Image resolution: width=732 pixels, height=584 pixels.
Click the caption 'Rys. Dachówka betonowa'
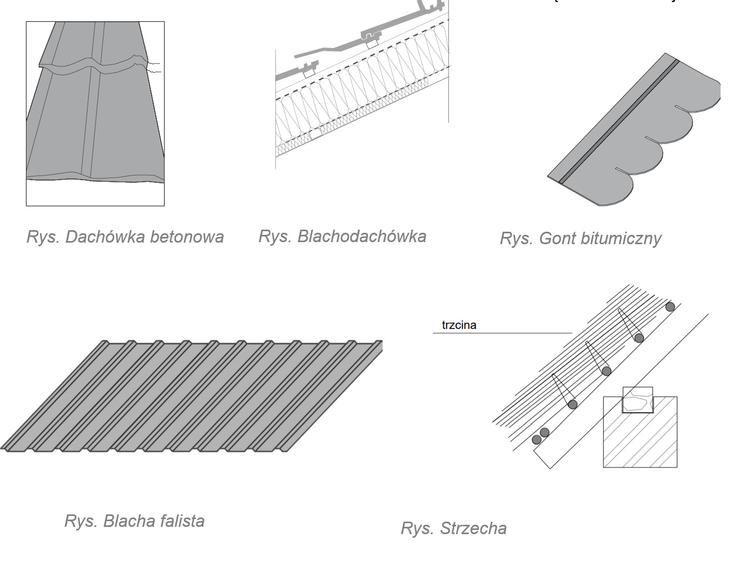click(125, 237)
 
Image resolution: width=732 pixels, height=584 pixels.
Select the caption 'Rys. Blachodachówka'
click(342, 236)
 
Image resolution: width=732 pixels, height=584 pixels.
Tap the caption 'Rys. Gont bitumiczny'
click(580, 238)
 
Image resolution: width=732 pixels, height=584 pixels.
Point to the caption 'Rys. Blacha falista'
click(134, 521)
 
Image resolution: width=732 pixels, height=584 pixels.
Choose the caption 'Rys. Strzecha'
click(453, 528)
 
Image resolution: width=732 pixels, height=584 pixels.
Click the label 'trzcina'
click(459, 325)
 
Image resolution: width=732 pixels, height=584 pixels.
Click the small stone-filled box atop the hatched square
click(638, 401)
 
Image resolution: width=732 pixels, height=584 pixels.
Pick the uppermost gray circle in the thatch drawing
click(670, 307)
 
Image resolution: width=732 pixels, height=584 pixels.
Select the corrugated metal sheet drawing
click(192, 396)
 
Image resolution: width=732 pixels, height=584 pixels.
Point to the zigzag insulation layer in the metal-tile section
click(358, 94)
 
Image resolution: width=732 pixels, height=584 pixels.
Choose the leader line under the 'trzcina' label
click(503, 333)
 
